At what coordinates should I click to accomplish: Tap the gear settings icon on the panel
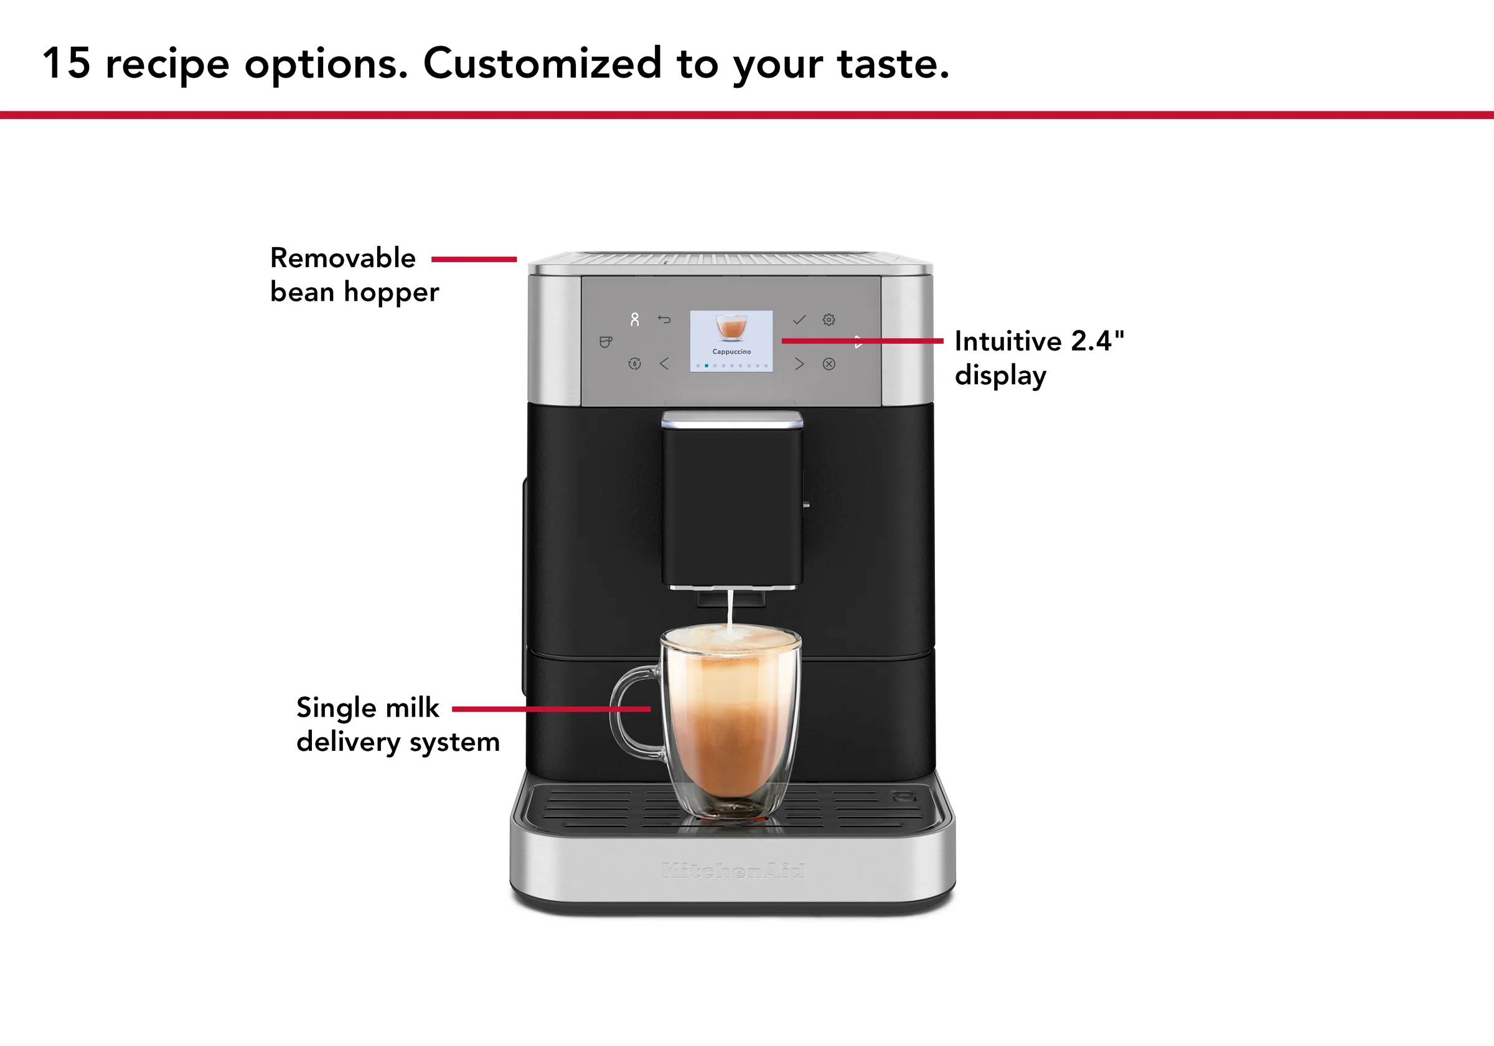pos(829,319)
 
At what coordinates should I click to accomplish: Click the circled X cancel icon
pos(829,364)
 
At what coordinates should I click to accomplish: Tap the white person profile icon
pos(634,319)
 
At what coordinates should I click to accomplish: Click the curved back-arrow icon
pos(664,319)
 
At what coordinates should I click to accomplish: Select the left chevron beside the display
pos(664,364)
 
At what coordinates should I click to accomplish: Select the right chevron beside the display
pos(799,364)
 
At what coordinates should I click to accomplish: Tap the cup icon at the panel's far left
pos(605,342)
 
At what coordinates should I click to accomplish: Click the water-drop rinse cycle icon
pos(634,364)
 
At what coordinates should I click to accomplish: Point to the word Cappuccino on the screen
pos(731,352)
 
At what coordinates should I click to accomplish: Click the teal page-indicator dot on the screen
pos(707,366)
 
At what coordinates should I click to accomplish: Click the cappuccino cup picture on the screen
pos(731,327)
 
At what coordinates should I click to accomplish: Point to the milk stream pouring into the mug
pos(730,608)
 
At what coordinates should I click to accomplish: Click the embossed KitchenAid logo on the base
pos(733,870)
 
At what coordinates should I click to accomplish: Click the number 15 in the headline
pos(66,63)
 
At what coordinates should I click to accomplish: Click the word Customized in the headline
pos(542,63)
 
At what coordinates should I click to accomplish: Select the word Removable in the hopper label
pos(343,258)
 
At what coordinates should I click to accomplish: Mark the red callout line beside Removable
pos(474,259)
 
